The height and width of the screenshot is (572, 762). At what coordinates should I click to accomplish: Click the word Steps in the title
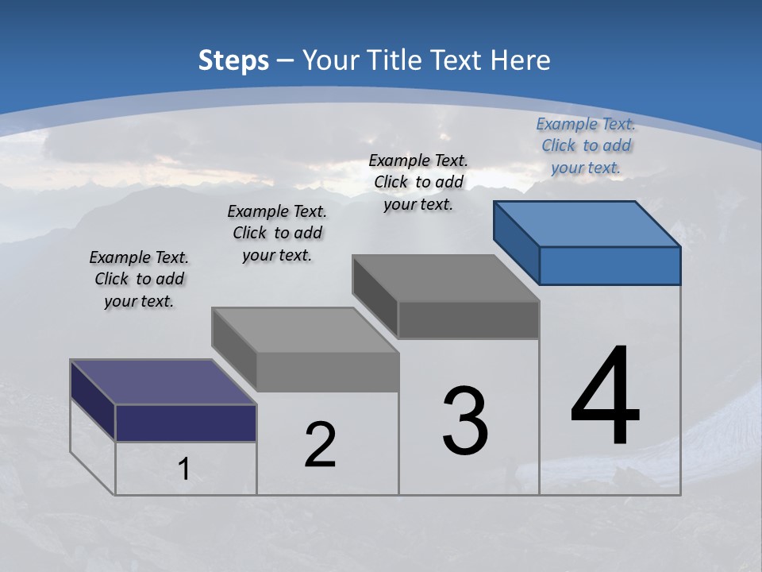coord(233,60)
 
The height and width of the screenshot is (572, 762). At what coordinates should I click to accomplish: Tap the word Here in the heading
coord(521,60)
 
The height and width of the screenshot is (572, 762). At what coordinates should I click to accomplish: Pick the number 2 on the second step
coord(320,444)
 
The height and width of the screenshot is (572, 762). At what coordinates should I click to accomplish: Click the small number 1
coord(183,469)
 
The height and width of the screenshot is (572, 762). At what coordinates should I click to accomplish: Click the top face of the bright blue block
coord(587,223)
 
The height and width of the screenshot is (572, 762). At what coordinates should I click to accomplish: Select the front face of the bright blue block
coord(610,265)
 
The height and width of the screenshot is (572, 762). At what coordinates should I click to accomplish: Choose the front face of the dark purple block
coord(186,423)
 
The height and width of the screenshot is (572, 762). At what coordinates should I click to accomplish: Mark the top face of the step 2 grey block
coord(305,329)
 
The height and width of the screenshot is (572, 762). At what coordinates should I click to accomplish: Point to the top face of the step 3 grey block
coord(445,278)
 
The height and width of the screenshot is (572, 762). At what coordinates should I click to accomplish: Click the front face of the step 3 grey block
coord(468,320)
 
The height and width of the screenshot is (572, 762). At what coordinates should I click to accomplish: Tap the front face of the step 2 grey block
coord(327,372)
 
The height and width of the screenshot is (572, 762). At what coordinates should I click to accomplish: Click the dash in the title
coord(285,60)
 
